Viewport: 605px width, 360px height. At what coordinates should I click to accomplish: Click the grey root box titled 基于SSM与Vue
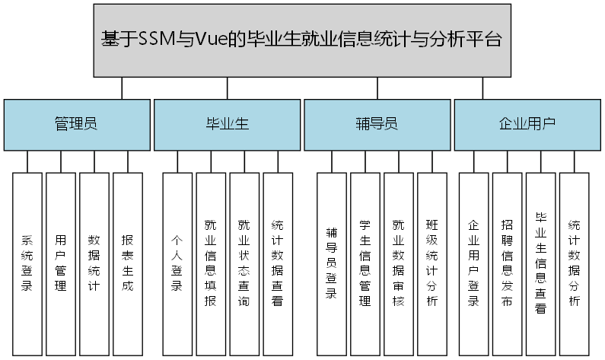[302, 40]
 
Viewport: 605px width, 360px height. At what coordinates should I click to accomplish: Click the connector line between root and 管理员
[122, 88]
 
